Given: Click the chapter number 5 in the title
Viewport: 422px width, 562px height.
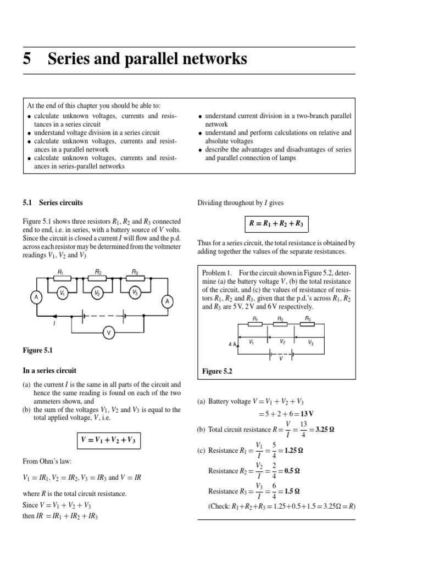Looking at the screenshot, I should coord(27,59).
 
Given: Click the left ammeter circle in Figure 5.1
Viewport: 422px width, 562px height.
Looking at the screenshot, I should coord(37,297).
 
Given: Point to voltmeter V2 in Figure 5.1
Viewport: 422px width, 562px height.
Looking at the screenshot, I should coord(97,293).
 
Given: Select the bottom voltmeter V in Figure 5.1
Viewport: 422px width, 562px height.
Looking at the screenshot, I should coord(108,332).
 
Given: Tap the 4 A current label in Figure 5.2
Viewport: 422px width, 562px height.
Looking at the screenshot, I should coord(232,344).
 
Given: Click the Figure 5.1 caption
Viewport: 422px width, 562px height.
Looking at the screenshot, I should coord(38,350).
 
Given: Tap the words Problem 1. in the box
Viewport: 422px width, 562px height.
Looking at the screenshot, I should coord(218,273).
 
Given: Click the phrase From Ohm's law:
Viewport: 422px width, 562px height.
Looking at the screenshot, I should coord(48,462).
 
